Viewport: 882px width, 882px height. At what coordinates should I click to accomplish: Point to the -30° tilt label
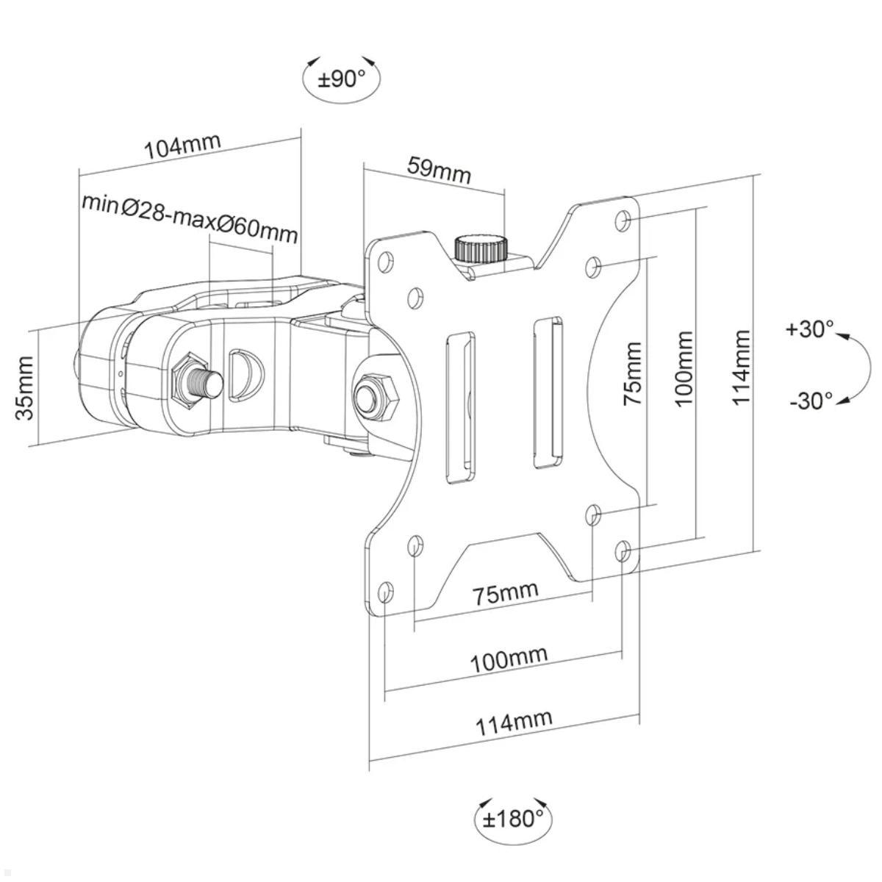click(x=811, y=401)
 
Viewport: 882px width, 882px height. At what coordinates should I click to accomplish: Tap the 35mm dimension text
click(x=26, y=387)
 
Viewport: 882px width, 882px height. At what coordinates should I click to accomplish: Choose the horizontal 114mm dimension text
click(x=514, y=723)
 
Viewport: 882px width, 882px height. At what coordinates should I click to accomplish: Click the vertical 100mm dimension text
click(x=684, y=367)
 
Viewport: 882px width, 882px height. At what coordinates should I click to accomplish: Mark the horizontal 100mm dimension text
click(x=509, y=659)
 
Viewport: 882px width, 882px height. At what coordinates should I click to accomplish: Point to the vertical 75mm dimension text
click(x=631, y=373)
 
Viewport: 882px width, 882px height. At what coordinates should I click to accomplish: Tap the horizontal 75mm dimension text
click(x=505, y=592)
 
